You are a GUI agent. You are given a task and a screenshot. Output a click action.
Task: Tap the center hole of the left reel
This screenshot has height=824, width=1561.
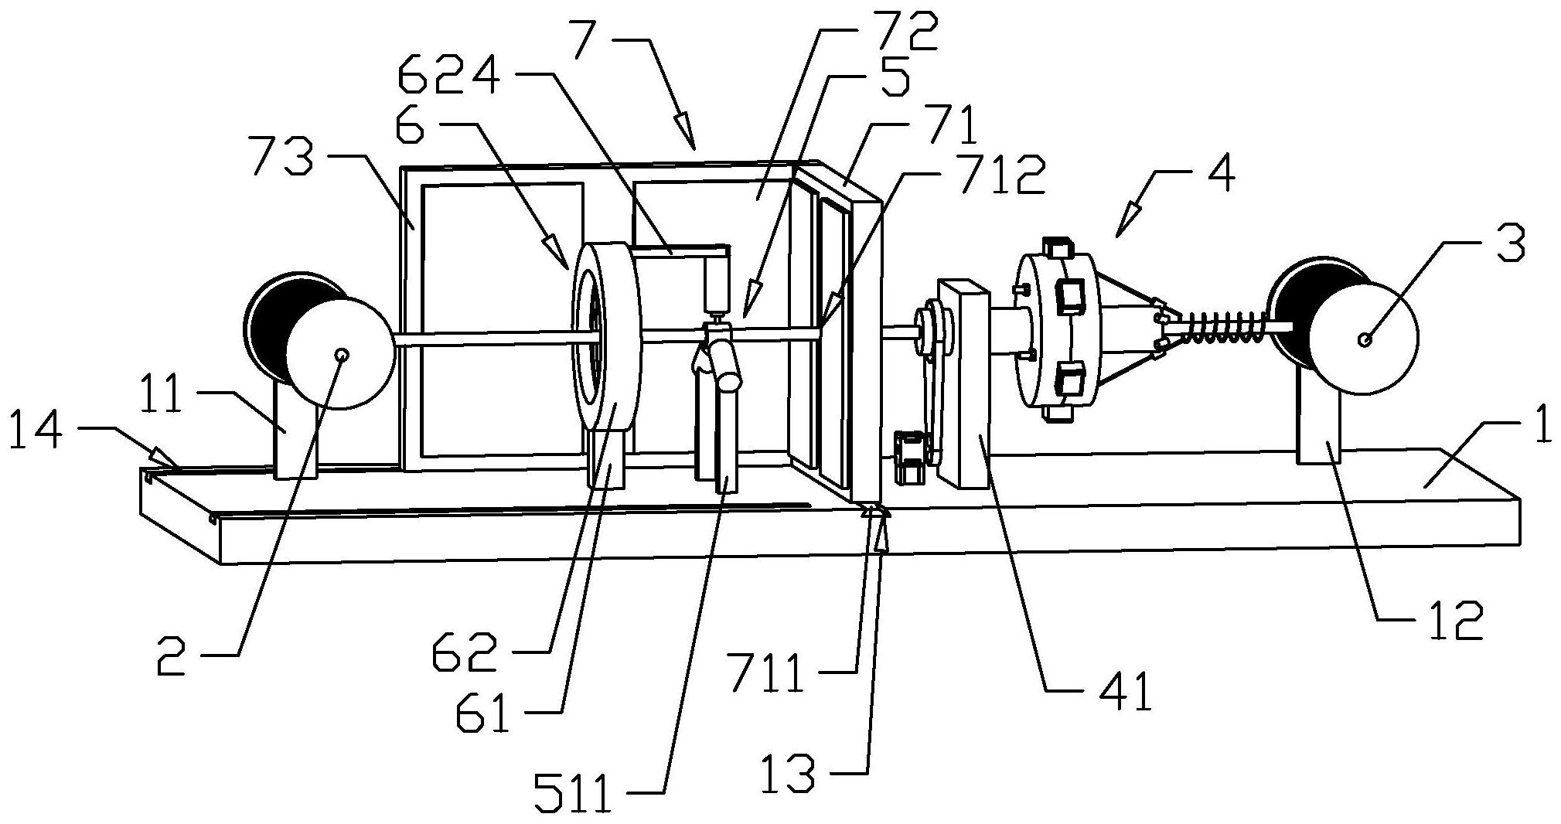point(341,354)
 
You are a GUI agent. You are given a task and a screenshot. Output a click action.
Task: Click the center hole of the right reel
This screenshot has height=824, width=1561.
point(1365,339)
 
